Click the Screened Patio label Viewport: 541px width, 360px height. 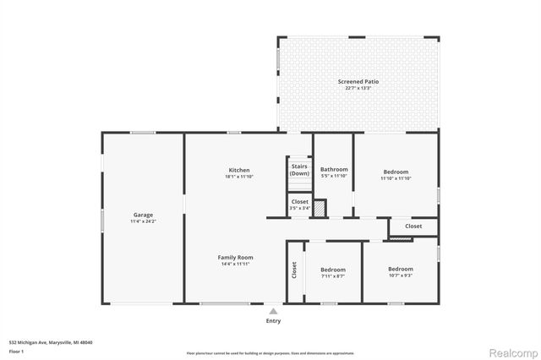point(358,82)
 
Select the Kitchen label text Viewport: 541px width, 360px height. point(238,170)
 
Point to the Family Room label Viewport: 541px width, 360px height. point(235,258)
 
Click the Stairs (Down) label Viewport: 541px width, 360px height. point(299,170)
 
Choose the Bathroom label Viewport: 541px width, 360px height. point(334,170)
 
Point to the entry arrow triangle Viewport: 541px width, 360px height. point(273,311)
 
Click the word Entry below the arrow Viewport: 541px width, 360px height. point(273,321)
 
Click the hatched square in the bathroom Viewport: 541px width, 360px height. point(320,207)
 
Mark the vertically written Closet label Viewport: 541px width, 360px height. point(294,270)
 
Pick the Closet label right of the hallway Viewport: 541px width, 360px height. point(413,226)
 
